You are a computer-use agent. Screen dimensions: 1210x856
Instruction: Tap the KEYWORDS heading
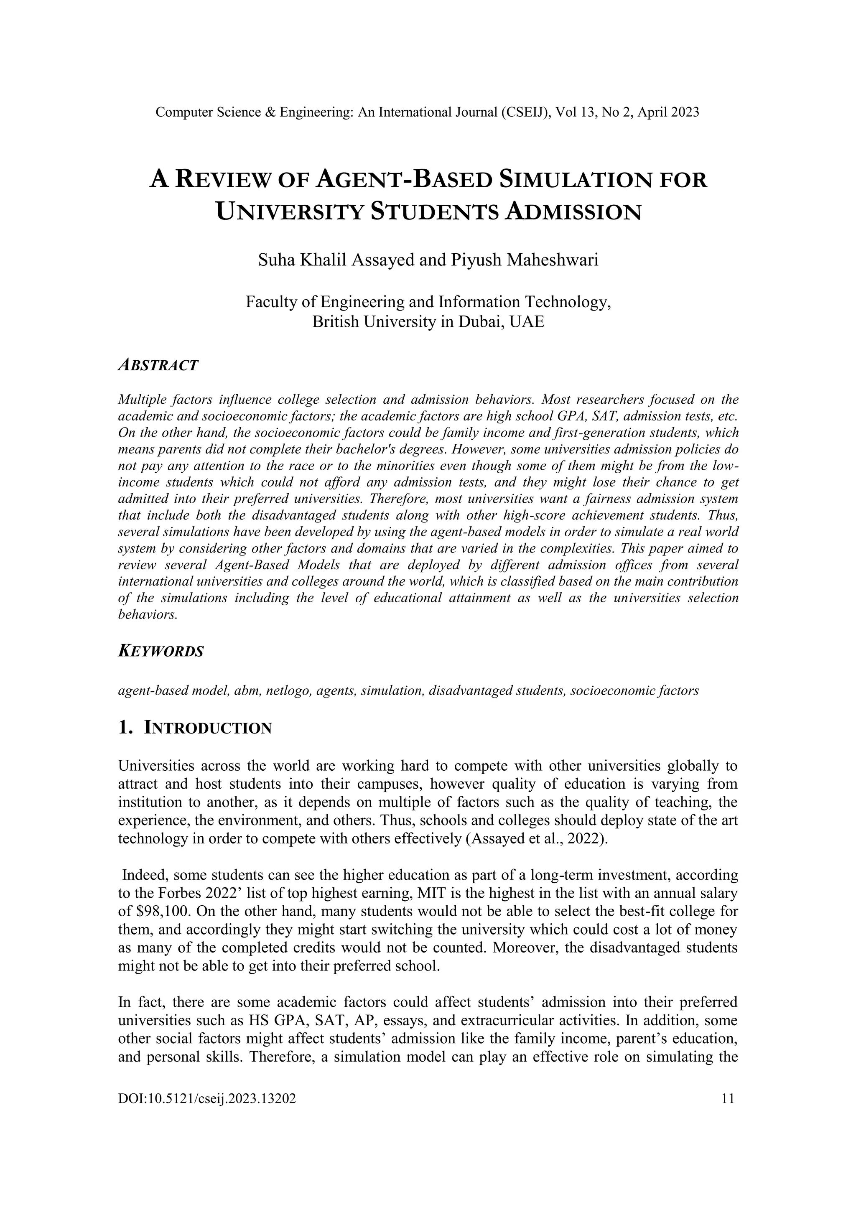pos(161,651)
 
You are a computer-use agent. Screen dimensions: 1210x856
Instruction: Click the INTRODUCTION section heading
pos(208,729)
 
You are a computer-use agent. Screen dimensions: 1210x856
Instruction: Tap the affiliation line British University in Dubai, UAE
pos(428,321)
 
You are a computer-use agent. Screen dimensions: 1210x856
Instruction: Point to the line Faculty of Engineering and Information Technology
pos(428,303)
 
